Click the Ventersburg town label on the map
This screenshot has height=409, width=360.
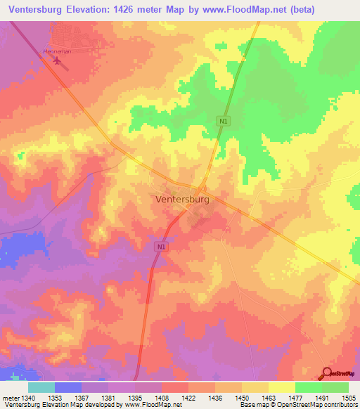[x=181, y=200]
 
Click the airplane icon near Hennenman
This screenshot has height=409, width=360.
[x=57, y=61]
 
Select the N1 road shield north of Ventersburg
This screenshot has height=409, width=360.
[x=223, y=122]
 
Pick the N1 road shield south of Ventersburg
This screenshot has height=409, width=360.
[x=162, y=247]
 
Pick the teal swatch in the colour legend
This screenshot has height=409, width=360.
[x=41, y=387]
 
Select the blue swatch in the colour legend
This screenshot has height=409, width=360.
[x=68, y=387]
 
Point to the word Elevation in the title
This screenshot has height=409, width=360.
[x=101, y=9]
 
